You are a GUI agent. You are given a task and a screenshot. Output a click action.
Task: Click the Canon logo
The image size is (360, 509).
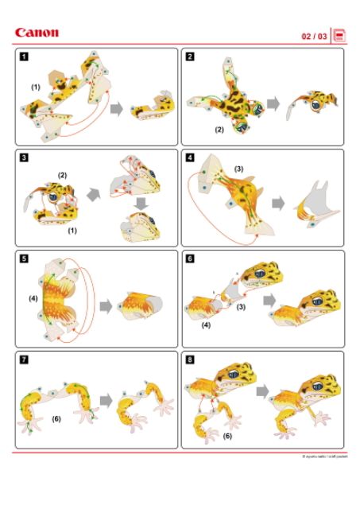[x=37, y=33]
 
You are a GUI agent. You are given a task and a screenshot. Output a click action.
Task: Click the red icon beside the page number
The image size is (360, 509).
[x=339, y=36]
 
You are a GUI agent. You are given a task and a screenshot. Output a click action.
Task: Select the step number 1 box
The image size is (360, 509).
[x=25, y=56]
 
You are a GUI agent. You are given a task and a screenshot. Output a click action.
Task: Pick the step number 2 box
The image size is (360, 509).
[x=191, y=56]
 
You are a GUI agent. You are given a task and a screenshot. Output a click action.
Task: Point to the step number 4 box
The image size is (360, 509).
[x=191, y=157]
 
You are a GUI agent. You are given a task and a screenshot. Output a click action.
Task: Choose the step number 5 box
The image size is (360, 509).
[x=25, y=258]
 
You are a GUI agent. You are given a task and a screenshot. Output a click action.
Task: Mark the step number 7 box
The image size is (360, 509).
[x=25, y=359]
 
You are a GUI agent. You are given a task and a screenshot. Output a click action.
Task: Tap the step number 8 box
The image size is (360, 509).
[x=191, y=359]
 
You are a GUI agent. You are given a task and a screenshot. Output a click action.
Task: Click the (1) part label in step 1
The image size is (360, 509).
[x=35, y=85]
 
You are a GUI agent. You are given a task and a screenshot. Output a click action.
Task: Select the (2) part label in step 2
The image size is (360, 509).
[x=219, y=128]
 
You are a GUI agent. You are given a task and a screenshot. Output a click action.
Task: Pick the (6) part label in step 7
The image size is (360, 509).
[x=56, y=418]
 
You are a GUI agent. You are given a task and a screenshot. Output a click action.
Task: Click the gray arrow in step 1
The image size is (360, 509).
[x=116, y=109]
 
